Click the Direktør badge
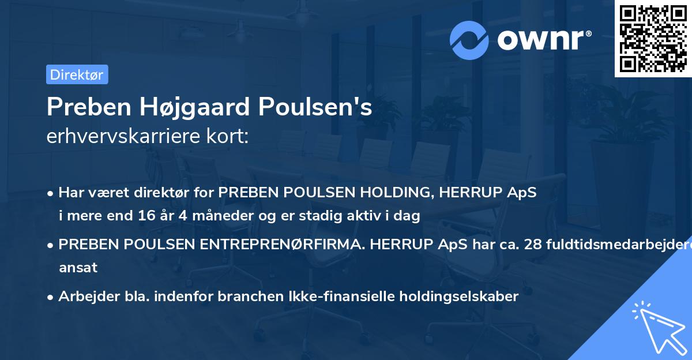pyautogui.click(x=77, y=74)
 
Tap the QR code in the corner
pyautogui.click(x=653, y=39)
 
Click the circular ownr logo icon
pyautogui.click(x=469, y=40)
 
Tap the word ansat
pyautogui.click(x=78, y=268)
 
